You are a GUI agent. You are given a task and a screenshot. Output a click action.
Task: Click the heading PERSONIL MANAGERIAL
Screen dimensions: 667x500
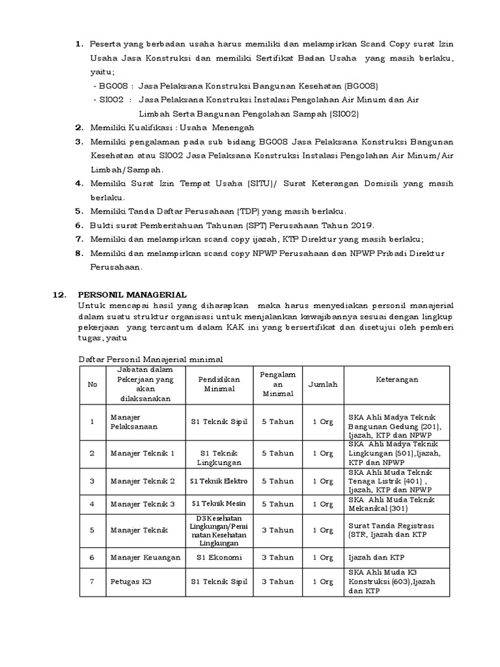click(132, 294)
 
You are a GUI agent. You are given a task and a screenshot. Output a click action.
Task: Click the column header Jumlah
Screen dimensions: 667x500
click(323, 384)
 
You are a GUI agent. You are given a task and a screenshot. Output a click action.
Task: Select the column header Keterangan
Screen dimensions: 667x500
click(396, 380)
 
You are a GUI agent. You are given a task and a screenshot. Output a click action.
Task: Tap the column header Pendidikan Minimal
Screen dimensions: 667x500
click(219, 384)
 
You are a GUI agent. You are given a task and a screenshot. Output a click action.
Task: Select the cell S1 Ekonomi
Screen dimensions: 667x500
click(219, 558)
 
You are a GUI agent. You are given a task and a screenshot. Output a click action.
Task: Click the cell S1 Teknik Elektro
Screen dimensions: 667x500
click(219, 481)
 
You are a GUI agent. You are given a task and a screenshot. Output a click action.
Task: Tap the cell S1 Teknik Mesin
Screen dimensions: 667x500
click(219, 504)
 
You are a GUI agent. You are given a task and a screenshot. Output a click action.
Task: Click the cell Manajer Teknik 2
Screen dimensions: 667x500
click(143, 481)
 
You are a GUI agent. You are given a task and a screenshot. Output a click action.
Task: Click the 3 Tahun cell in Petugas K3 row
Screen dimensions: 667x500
click(278, 582)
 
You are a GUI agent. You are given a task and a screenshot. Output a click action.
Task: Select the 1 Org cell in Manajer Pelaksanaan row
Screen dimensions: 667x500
click(323, 421)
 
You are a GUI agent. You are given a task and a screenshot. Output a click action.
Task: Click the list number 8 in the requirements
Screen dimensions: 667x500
click(78, 253)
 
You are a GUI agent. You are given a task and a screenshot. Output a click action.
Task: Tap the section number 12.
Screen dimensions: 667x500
click(59, 294)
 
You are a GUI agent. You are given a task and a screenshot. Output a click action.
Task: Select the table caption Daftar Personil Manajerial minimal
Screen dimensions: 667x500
click(151, 359)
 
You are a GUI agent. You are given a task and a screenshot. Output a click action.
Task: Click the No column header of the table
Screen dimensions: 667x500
click(92, 384)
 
